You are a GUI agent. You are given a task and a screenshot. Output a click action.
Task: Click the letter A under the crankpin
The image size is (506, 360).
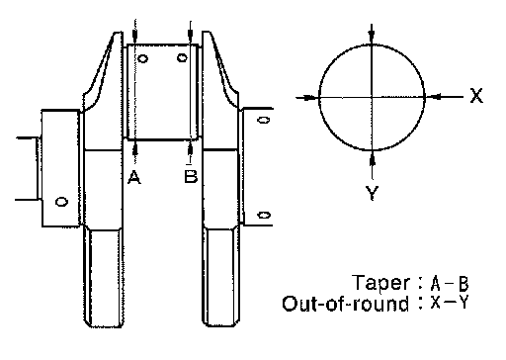(134, 177)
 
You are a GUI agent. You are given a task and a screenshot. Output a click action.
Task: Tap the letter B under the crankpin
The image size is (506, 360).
(191, 176)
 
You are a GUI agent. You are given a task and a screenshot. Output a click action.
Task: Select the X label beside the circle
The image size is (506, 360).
(476, 96)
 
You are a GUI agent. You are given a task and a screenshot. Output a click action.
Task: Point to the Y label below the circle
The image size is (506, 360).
(372, 193)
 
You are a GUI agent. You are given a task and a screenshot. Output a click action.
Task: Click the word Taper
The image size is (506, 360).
(381, 283)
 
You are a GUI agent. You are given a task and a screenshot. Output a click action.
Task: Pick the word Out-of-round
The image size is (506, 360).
(345, 304)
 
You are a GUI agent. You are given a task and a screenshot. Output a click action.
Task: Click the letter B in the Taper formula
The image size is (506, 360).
(464, 284)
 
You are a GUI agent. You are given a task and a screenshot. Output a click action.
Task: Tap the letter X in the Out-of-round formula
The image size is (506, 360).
(436, 303)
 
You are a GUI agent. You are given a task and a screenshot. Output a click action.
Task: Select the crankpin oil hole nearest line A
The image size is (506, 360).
(142, 59)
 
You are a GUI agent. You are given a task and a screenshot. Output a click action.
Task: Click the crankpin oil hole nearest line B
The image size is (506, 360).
(182, 58)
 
